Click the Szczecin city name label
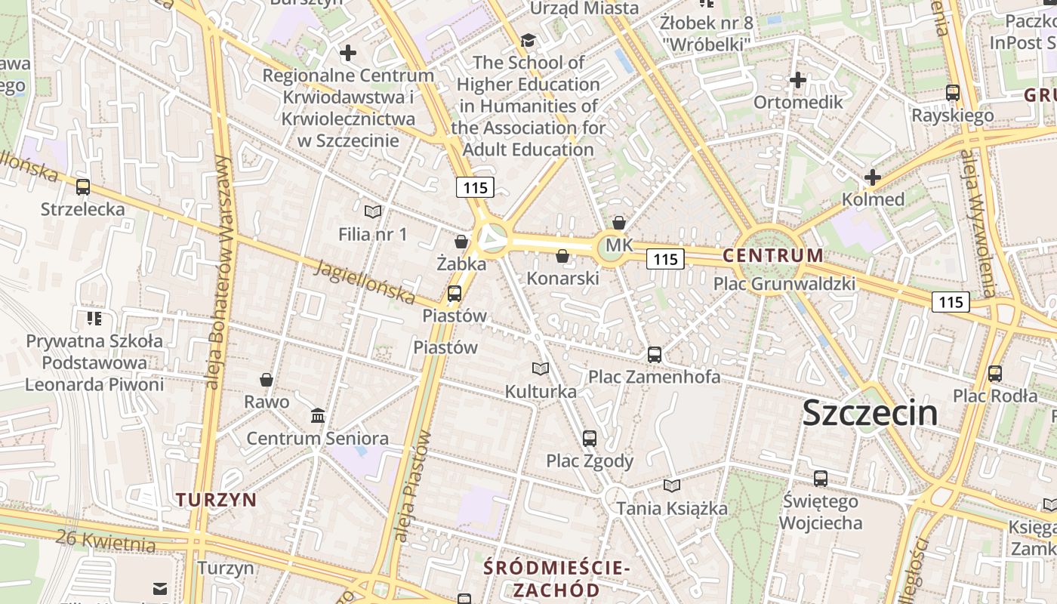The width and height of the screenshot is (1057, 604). [x=870, y=413]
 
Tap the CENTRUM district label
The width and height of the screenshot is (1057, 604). [x=773, y=255]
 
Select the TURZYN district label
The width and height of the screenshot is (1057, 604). [x=216, y=499]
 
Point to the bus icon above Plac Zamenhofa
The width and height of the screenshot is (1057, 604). [x=655, y=354]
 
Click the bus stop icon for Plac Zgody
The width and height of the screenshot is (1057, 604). [x=590, y=438]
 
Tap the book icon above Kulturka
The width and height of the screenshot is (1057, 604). [x=540, y=368]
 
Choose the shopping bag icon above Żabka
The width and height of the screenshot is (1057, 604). [x=461, y=242]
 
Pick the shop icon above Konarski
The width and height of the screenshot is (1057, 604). [x=562, y=256]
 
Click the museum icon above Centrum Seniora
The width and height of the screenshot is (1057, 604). [x=318, y=415]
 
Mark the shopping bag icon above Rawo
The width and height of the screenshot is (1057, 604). [x=267, y=379]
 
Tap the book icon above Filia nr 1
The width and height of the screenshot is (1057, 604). [x=372, y=211]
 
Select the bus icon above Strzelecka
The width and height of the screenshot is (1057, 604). [x=83, y=186]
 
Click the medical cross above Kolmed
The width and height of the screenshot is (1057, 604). [x=873, y=177]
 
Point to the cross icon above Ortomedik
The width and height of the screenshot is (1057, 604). [x=798, y=79]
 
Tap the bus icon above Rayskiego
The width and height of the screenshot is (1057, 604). [x=953, y=93]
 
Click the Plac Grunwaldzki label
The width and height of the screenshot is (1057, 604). [x=784, y=284]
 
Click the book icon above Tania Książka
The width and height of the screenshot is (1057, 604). [x=672, y=485]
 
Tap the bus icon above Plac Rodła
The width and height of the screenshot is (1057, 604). [x=995, y=373]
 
